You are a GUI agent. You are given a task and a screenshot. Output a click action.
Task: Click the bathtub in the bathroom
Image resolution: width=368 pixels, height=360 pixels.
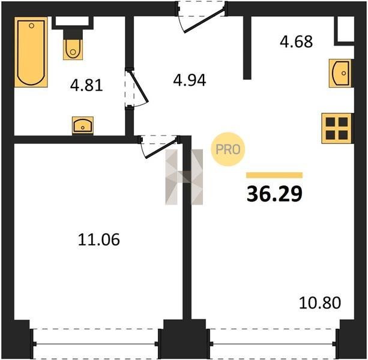31,52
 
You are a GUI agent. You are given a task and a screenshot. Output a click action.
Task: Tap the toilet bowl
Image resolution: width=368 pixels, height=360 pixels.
73,49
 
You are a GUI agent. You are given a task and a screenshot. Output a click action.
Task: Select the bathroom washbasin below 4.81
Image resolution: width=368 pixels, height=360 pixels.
83,126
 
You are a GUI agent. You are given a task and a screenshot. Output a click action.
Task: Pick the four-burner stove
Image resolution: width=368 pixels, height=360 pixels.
337,128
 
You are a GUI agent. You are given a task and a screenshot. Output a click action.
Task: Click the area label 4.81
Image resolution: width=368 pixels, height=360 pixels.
86,85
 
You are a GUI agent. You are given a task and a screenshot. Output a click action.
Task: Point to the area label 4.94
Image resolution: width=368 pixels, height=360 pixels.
190,80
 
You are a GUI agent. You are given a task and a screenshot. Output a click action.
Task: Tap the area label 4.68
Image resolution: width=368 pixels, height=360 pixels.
296,41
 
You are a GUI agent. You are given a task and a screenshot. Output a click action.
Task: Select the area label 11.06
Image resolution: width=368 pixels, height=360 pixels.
99,239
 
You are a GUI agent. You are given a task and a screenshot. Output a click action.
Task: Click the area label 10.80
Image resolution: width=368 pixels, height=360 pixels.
320,303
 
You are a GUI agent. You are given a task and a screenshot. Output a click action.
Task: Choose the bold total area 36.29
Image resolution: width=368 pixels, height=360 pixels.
274,194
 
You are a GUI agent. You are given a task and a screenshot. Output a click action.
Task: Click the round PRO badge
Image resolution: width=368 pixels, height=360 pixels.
228,149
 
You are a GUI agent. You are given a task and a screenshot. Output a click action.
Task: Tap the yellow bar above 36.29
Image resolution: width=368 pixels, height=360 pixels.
274,175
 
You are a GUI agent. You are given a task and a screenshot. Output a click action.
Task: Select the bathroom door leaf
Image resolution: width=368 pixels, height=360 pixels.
140,87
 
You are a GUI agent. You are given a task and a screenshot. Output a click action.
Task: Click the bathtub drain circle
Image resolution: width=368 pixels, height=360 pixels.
32,26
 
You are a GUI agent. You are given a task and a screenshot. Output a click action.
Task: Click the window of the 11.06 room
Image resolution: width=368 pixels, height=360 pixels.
96,344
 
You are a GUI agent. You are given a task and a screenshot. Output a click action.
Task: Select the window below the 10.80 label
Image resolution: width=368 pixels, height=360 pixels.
273,344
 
